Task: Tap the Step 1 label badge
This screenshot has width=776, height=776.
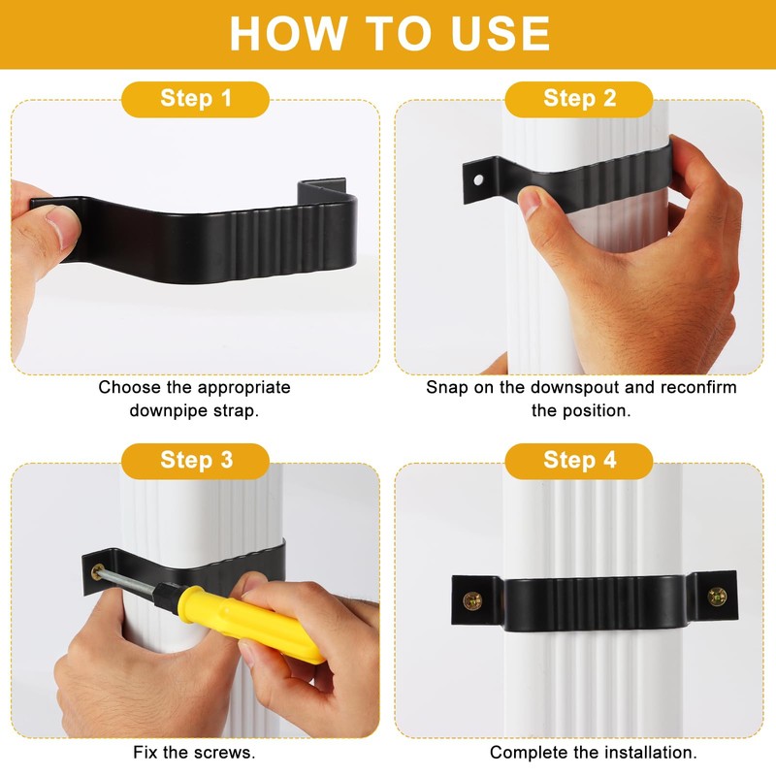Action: point(196,98)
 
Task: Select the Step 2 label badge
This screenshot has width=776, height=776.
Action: point(579,98)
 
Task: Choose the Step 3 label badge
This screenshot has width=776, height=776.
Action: point(196,460)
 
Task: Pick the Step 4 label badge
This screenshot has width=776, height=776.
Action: point(579,460)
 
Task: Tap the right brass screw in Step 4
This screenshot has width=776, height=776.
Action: point(717,596)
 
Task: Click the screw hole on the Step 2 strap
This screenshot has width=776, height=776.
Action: point(477,181)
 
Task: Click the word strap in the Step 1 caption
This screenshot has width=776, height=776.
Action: point(238,410)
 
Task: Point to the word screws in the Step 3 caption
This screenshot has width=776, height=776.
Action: point(228,752)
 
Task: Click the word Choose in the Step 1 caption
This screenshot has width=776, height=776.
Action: point(129,388)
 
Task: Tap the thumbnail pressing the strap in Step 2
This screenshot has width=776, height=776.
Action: point(531,202)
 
